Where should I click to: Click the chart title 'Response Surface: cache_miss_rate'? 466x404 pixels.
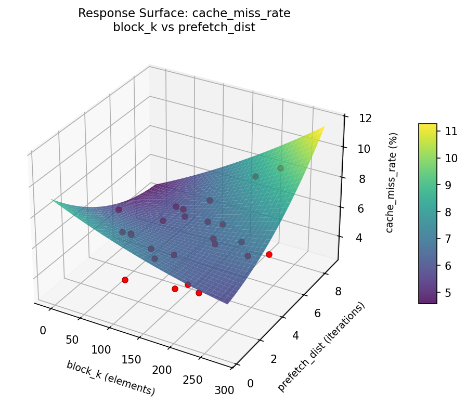click(x=184, y=14)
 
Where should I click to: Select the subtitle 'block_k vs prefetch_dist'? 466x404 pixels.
click(x=184, y=28)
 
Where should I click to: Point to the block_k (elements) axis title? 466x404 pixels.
click(x=110, y=377)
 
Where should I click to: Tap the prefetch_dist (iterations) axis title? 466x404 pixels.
click(x=321, y=346)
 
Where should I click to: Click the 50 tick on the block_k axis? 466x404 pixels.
click(x=72, y=340)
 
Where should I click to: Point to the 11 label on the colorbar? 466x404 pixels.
click(x=450, y=131)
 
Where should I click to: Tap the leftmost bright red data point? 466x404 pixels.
click(x=125, y=280)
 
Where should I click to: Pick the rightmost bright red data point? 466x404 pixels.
click(x=269, y=254)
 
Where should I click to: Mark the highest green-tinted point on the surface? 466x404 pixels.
click(x=280, y=168)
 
